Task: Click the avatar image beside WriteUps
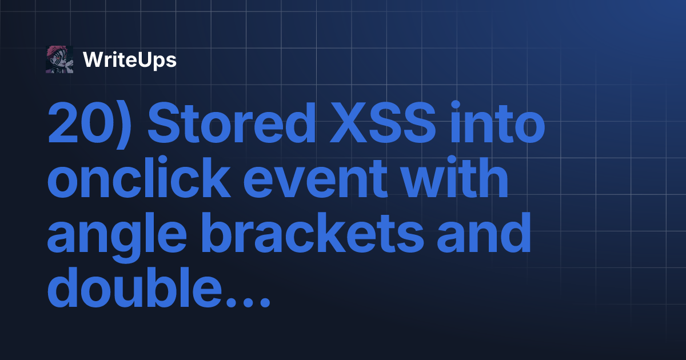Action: point(59,59)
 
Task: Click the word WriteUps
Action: point(130,60)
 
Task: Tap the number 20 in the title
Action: point(80,122)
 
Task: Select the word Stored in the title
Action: point(232,122)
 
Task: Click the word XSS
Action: point(383,122)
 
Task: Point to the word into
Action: point(498,122)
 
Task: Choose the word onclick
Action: point(139,177)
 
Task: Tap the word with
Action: point(454,177)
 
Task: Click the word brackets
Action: point(312,232)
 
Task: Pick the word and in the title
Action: point(484,232)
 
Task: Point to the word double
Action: point(134,286)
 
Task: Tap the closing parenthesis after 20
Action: point(125,125)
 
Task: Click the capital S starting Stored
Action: point(165,122)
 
